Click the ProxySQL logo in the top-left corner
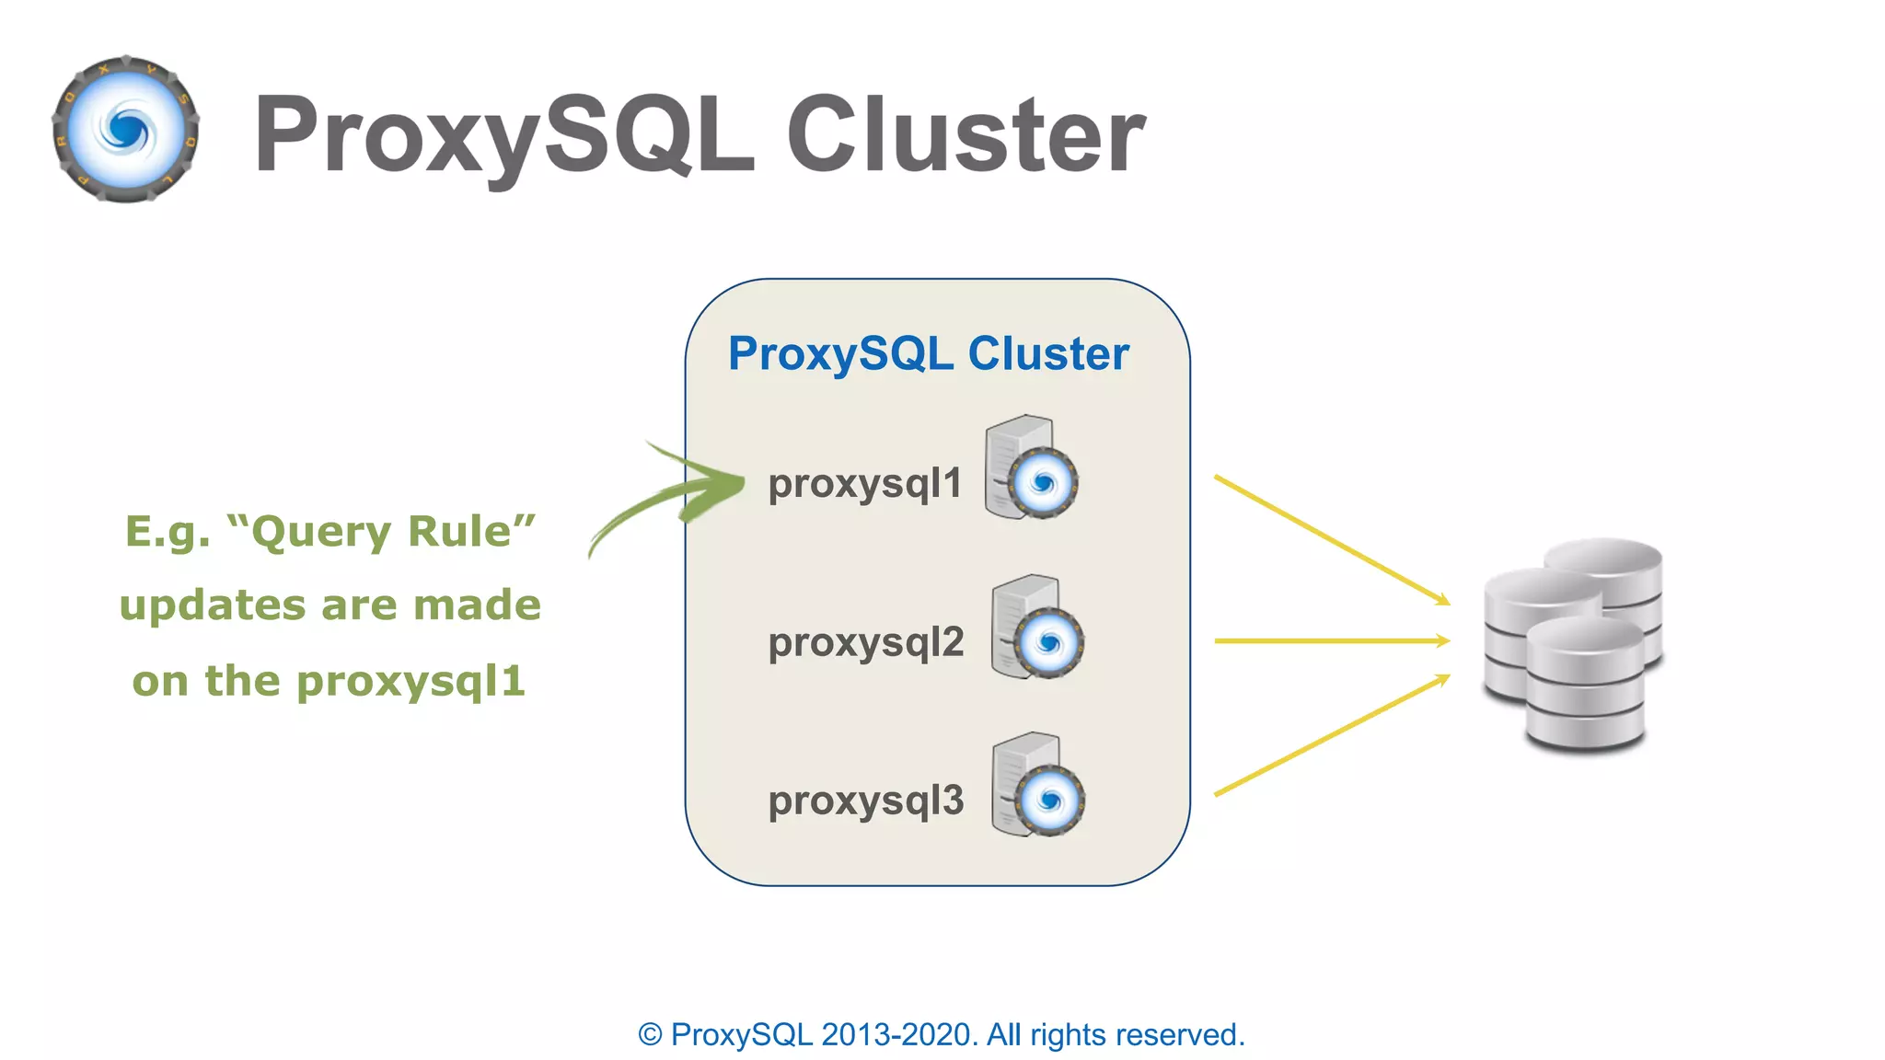pos(126,130)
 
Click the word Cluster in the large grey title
pos(966,135)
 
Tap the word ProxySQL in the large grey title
pos(504,135)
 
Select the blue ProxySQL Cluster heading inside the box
pos(928,354)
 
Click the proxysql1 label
pos(864,484)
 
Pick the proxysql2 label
pos(866,642)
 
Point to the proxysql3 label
pos(866,801)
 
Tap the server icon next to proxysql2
pos(1036,628)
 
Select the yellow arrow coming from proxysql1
pos(1331,539)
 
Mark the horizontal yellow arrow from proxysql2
pos(1331,640)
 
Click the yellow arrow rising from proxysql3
pos(1331,735)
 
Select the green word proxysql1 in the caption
pos(411,682)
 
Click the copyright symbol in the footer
pos(650,1035)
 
